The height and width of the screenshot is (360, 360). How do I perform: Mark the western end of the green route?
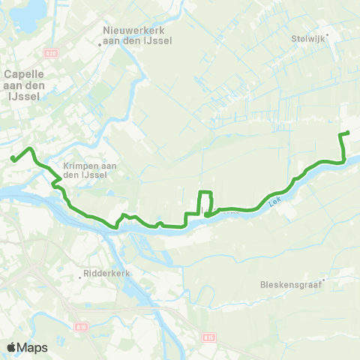13,157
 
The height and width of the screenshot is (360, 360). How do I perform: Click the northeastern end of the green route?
349,133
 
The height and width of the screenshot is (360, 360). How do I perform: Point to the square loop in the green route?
205,203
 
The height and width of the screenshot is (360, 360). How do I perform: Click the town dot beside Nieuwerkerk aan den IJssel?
101,43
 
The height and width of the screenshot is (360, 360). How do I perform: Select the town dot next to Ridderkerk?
80,274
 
